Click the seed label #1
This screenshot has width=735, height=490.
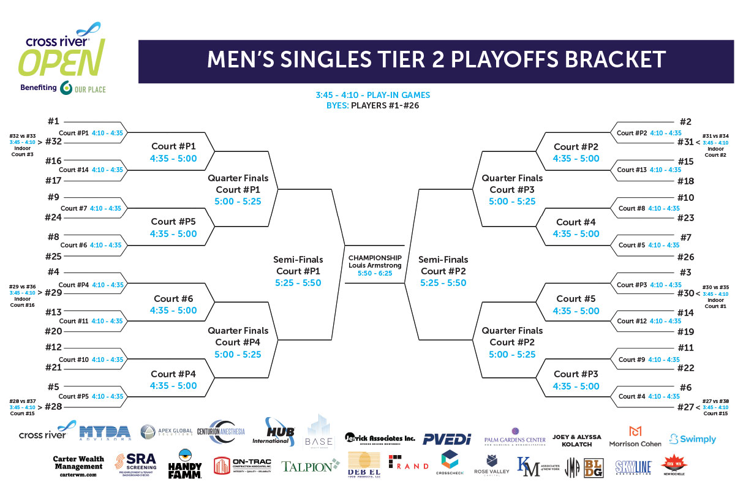[x=53, y=121]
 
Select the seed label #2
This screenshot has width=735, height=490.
[x=685, y=122]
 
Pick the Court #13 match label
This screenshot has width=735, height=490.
[x=633, y=170]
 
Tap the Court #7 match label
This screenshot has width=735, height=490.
[x=73, y=208]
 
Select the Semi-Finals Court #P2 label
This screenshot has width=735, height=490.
[x=443, y=271]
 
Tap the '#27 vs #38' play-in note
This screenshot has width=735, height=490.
[x=715, y=399]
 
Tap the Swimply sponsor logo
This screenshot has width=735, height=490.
[x=692, y=439]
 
